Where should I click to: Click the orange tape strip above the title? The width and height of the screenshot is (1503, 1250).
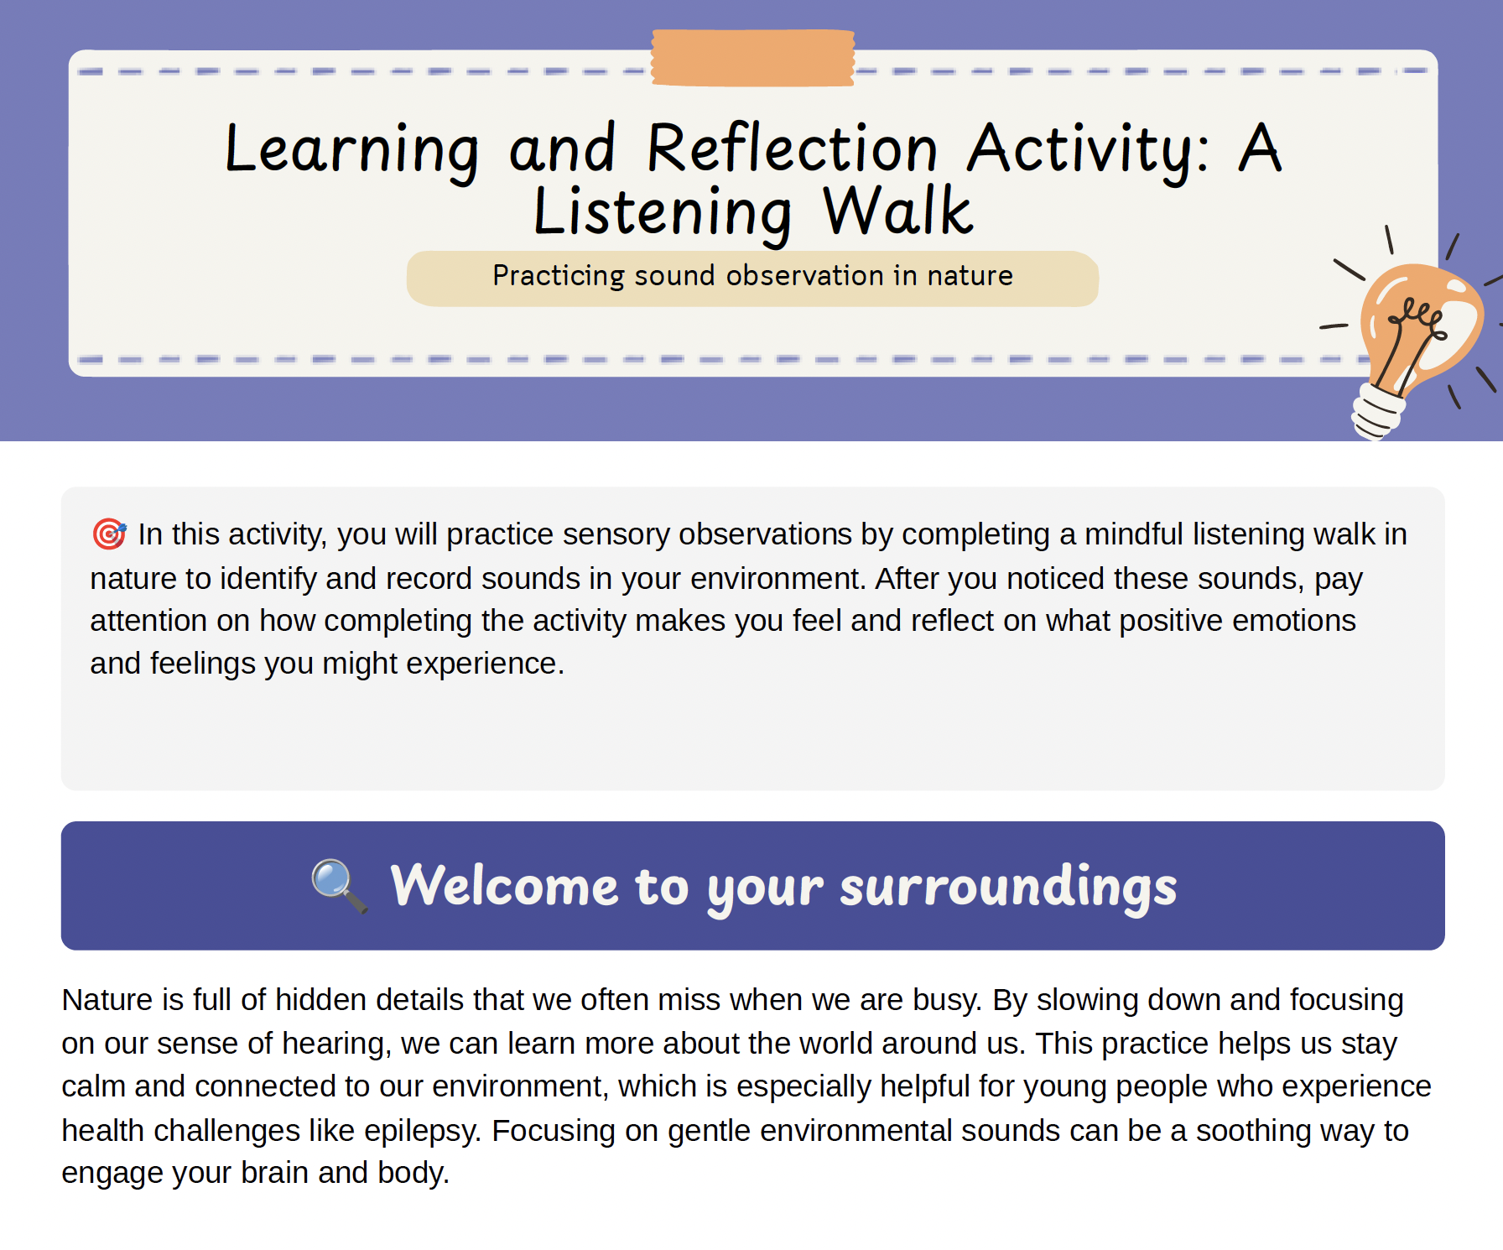tap(753, 58)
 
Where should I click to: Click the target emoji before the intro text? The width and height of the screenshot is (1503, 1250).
tap(109, 534)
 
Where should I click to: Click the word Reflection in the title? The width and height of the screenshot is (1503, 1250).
tap(792, 148)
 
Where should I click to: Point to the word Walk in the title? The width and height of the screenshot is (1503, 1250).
tap(897, 211)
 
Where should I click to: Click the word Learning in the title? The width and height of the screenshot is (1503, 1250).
tap(352, 150)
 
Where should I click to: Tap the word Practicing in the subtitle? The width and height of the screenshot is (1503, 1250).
tap(559, 276)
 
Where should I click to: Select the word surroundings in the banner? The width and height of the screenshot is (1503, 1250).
tap(1008, 888)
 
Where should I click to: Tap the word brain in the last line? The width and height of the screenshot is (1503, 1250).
tap(274, 1173)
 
